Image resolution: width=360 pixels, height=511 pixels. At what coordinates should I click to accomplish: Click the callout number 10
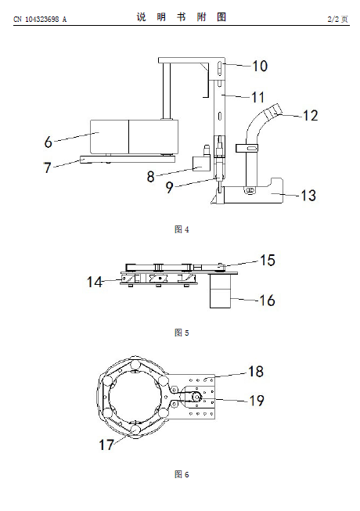coord(260,67)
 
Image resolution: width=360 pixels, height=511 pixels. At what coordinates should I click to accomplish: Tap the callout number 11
coord(257,97)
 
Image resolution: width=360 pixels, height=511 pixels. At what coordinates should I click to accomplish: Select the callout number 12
coord(310,116)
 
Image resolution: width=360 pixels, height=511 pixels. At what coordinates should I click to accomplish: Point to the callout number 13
coord(308,195)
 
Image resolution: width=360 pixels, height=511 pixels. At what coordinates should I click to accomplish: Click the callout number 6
coord(49,142)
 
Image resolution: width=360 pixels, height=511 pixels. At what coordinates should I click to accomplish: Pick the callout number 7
coord(48,167)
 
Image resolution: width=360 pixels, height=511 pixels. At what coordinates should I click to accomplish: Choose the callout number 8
coord(150,177)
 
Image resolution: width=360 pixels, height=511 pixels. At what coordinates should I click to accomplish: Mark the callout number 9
coord(169,187)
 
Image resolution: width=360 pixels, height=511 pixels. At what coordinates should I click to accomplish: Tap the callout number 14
coord(95,282)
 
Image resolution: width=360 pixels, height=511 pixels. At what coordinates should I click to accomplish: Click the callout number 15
coord(268,261)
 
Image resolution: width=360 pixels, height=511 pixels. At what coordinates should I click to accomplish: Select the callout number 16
coord(267,300)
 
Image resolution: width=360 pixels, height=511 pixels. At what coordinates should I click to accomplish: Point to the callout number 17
coord(106,444)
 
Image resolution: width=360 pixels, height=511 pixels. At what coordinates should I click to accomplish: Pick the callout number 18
coord(256,372)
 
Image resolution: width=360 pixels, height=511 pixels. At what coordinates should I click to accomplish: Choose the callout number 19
coord(257,401)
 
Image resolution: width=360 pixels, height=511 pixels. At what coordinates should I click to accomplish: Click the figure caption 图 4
coord(182,229)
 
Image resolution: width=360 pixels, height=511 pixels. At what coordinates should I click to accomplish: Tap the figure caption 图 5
coord(182,333)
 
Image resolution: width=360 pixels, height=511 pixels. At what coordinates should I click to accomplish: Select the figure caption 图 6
coord(182,474)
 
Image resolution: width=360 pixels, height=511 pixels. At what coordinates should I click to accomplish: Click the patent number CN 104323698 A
coord(40,20)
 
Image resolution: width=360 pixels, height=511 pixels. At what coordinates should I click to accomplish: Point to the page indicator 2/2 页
coord(337,20)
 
